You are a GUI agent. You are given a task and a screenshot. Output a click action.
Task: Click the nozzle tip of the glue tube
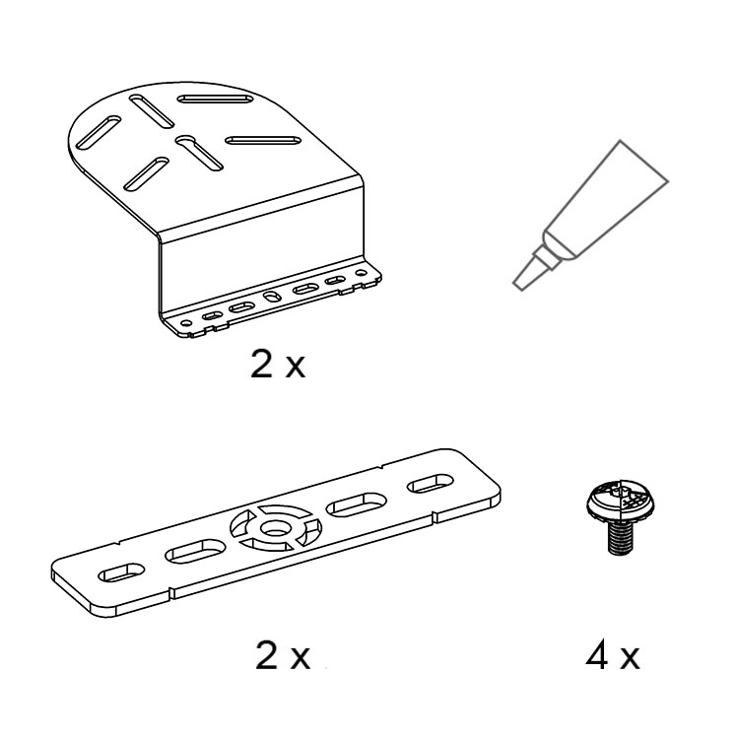(x=518, y=284)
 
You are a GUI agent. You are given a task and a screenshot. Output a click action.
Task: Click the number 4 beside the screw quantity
(x=597, y=655)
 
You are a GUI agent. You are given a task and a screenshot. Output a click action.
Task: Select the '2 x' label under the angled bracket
(x=278, y=364)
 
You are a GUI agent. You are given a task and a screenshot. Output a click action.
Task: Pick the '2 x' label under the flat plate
(x=283, y=655)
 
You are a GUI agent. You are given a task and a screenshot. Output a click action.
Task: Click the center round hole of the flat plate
(x=275, y=530)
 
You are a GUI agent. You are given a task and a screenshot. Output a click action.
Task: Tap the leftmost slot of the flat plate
(x=121, y=572)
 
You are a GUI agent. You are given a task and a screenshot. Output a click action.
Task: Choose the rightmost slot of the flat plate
(x=430, y=484)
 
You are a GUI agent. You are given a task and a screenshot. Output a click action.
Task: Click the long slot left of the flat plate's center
(x=195, y=551)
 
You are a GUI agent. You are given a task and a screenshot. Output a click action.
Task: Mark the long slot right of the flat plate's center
(x=357, y=505)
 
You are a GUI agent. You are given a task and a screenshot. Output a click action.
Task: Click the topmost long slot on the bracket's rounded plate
(x=216, y=99)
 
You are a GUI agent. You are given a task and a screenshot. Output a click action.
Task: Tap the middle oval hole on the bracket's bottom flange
(x=271, y=297)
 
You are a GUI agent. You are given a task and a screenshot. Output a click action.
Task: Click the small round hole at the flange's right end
(x=361, y=273)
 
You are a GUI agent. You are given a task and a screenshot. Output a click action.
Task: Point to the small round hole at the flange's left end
(x=186, y=324)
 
